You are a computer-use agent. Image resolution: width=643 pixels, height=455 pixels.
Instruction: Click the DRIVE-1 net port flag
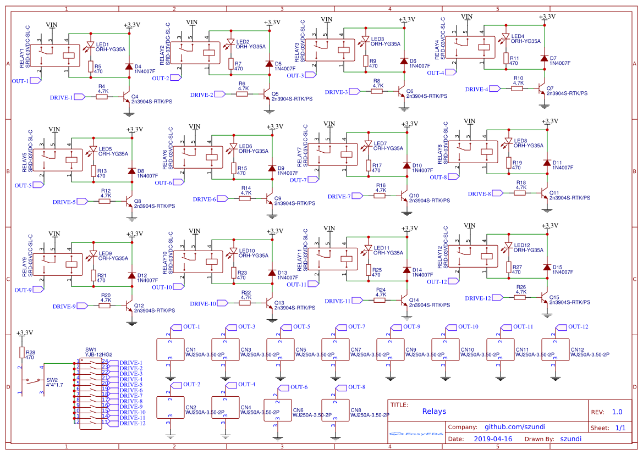[79, 97]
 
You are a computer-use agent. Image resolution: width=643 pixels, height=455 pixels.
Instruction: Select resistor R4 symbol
[102, 97]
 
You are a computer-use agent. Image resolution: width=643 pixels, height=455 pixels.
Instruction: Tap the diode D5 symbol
[269, 64]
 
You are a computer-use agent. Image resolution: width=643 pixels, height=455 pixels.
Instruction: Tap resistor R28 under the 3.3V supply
[23, 352]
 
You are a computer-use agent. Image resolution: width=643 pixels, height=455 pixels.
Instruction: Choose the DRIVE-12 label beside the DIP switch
[132, 423]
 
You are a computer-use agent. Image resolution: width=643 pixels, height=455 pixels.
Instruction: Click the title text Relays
[434, 411]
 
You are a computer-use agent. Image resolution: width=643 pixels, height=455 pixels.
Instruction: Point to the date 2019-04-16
[492, 439]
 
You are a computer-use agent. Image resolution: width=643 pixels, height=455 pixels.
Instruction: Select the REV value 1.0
[617, 412]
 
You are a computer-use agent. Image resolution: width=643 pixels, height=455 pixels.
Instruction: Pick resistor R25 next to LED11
[368, 270]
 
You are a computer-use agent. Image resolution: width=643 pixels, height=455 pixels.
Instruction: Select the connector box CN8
[335, 410]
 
